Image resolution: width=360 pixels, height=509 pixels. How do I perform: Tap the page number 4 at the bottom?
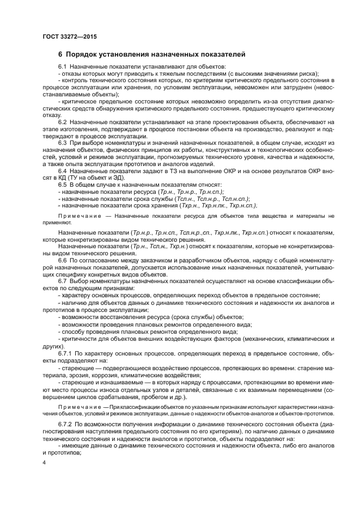click(x=45, y=463)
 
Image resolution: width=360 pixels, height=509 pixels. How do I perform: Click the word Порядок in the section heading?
click(x=82, y=54)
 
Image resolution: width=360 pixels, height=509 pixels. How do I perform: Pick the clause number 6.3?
click(x=62, y=142)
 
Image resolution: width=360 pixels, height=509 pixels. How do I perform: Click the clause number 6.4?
click(x=62, y=171)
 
